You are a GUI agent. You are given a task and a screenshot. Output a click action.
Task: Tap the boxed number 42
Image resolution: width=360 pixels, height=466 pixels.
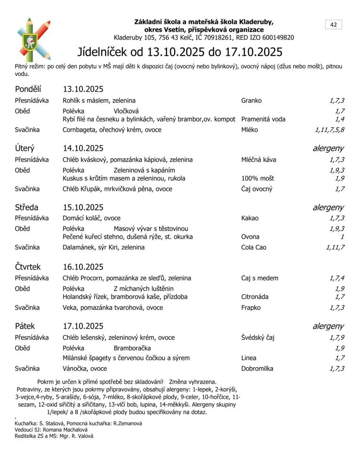pyautogui.click(x=333, y=25)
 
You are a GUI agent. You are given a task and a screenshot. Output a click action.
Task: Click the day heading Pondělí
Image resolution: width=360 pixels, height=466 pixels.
pyautogui.click(x=28, y=89)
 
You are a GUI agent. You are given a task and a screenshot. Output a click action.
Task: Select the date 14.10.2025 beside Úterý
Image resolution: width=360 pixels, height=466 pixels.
pyautogui.click(x=83, y=148)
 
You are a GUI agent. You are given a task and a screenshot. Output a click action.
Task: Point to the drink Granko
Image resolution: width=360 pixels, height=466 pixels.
pyautogui.click(x=251, y=100)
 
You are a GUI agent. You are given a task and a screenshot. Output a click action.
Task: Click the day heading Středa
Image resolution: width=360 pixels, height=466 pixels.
pyautogui.click(x=27, y=207)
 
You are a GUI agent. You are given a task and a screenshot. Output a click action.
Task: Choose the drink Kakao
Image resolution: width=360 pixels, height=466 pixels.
pyautogui.click(x=250, y=218)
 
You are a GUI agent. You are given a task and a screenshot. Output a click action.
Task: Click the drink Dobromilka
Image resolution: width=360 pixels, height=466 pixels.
pyautogui.click(x=257, y=369)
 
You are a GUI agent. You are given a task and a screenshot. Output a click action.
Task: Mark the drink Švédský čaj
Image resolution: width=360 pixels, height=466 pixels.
pyautogui.click(x=257, y=337)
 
